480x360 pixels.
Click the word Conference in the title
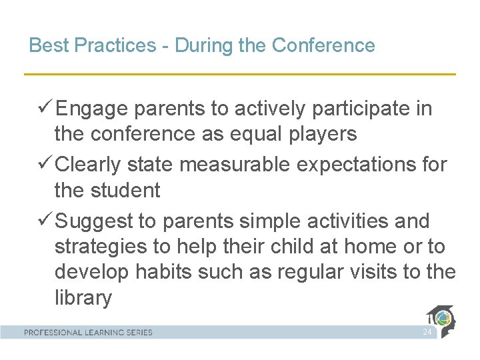323,45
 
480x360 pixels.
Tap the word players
324,134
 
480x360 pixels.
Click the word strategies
101,247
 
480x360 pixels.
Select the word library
83,298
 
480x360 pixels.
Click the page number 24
427,332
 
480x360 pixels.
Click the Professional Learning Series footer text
89,332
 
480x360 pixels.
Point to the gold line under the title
240,73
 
